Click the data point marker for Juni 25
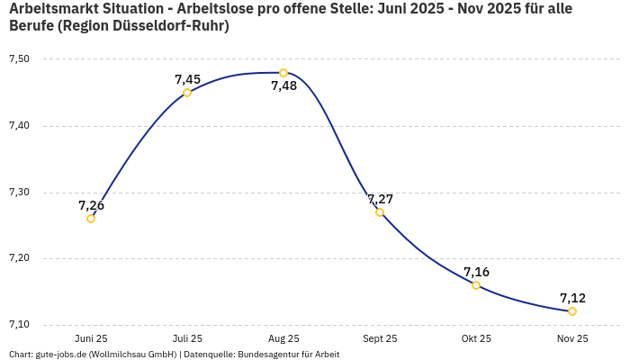point(91,219)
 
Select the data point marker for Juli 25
point(187,93)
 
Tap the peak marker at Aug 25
point(283,73)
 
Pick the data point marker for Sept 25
point(380,212)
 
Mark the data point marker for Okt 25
point(476,285)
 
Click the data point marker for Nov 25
point(572,311)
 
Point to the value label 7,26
point(91,205)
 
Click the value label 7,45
point(187,79)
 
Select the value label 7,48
point(283,86)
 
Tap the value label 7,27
point(380,199)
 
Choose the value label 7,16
point(476,272)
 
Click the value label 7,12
point(572,298)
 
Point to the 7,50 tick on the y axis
point(19,59)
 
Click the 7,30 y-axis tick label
point(19,193)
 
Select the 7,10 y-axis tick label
point(19,325)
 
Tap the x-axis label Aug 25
point(283,339)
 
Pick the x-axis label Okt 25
point(476,339)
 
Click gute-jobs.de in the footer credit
point(60,355)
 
